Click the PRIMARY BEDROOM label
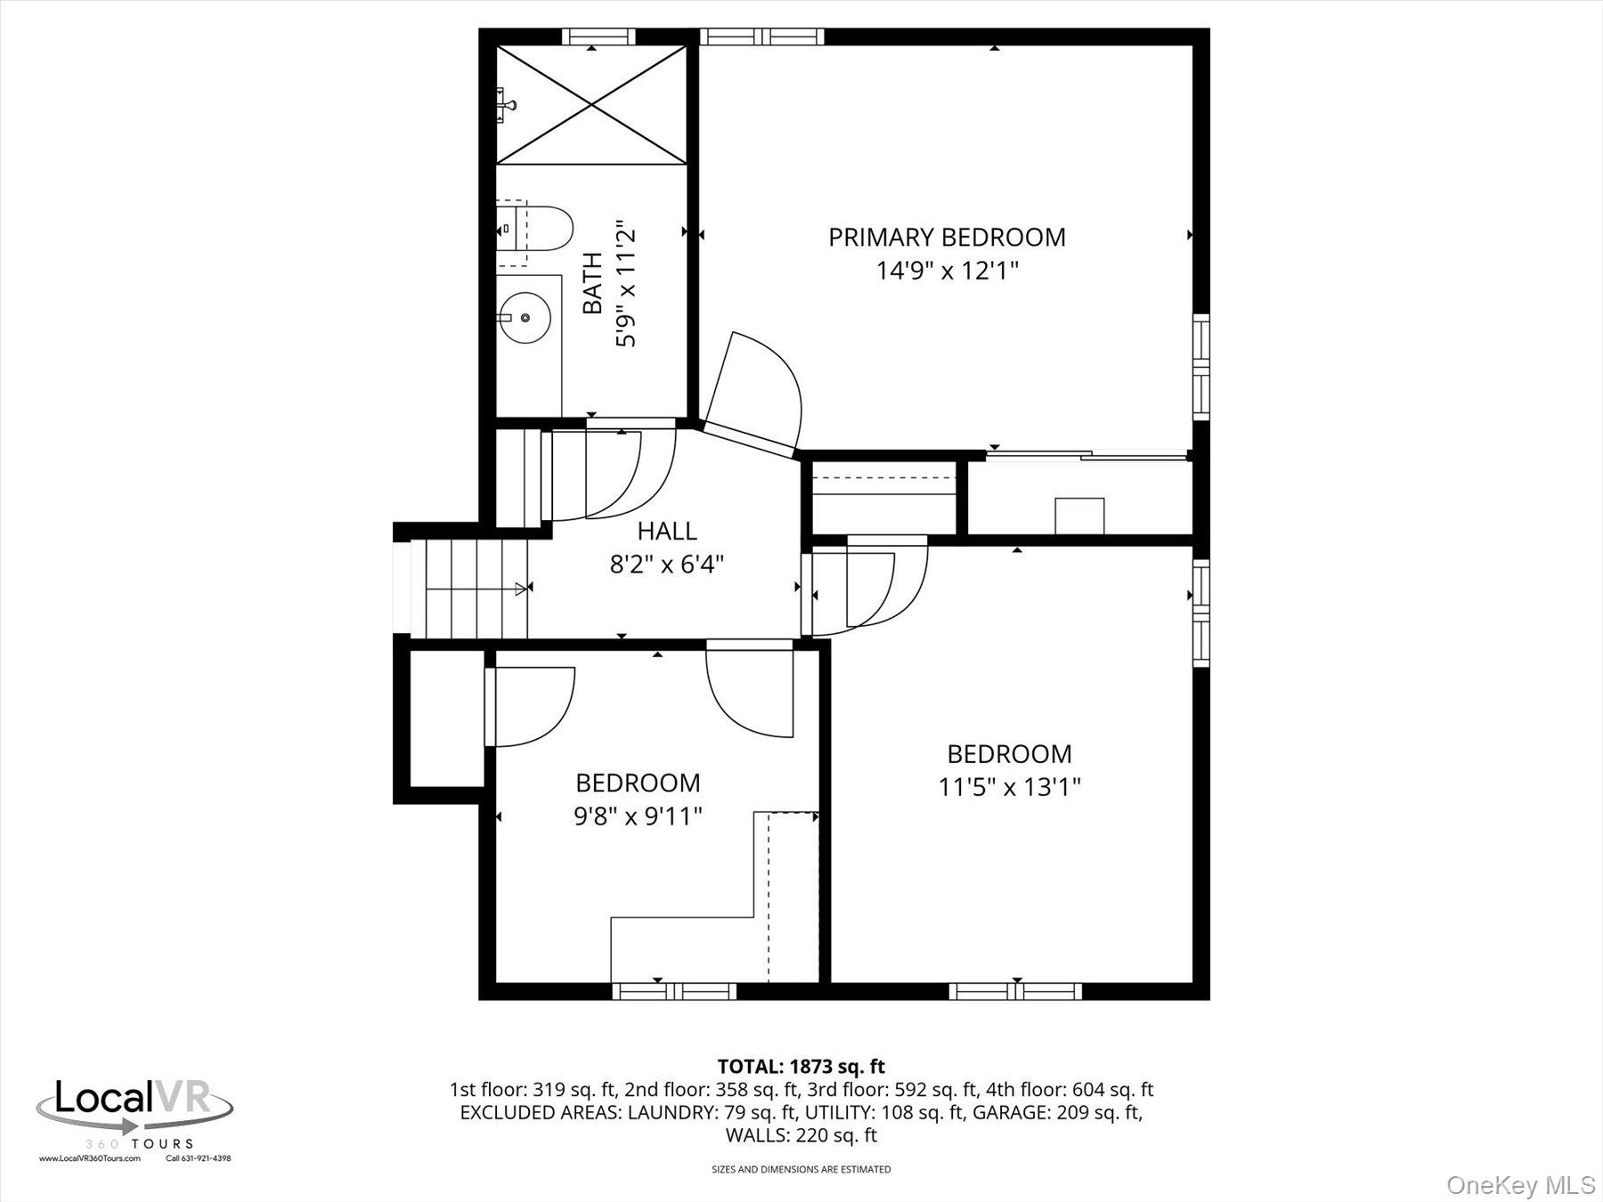tap(947, 237)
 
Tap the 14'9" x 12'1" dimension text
tap(947, 270)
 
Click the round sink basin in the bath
tap(525, 317)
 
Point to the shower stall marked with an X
tap(592, 105)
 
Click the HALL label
tap(667, 532)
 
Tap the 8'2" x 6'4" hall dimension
tap(667, 564)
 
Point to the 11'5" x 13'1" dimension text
tap(1009, 787)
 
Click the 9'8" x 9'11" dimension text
tap(638, 816)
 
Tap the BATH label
tap(592, 283)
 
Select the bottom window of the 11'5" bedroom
tap(1015, 991)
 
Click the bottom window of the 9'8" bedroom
tap(674, 991)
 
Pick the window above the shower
tap(599, 37)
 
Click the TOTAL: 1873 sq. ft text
tap(801, 1066)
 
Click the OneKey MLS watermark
tap(1520, 1185)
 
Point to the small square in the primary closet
tap(1079, 516)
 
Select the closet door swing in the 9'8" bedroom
tap(532, 706)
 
